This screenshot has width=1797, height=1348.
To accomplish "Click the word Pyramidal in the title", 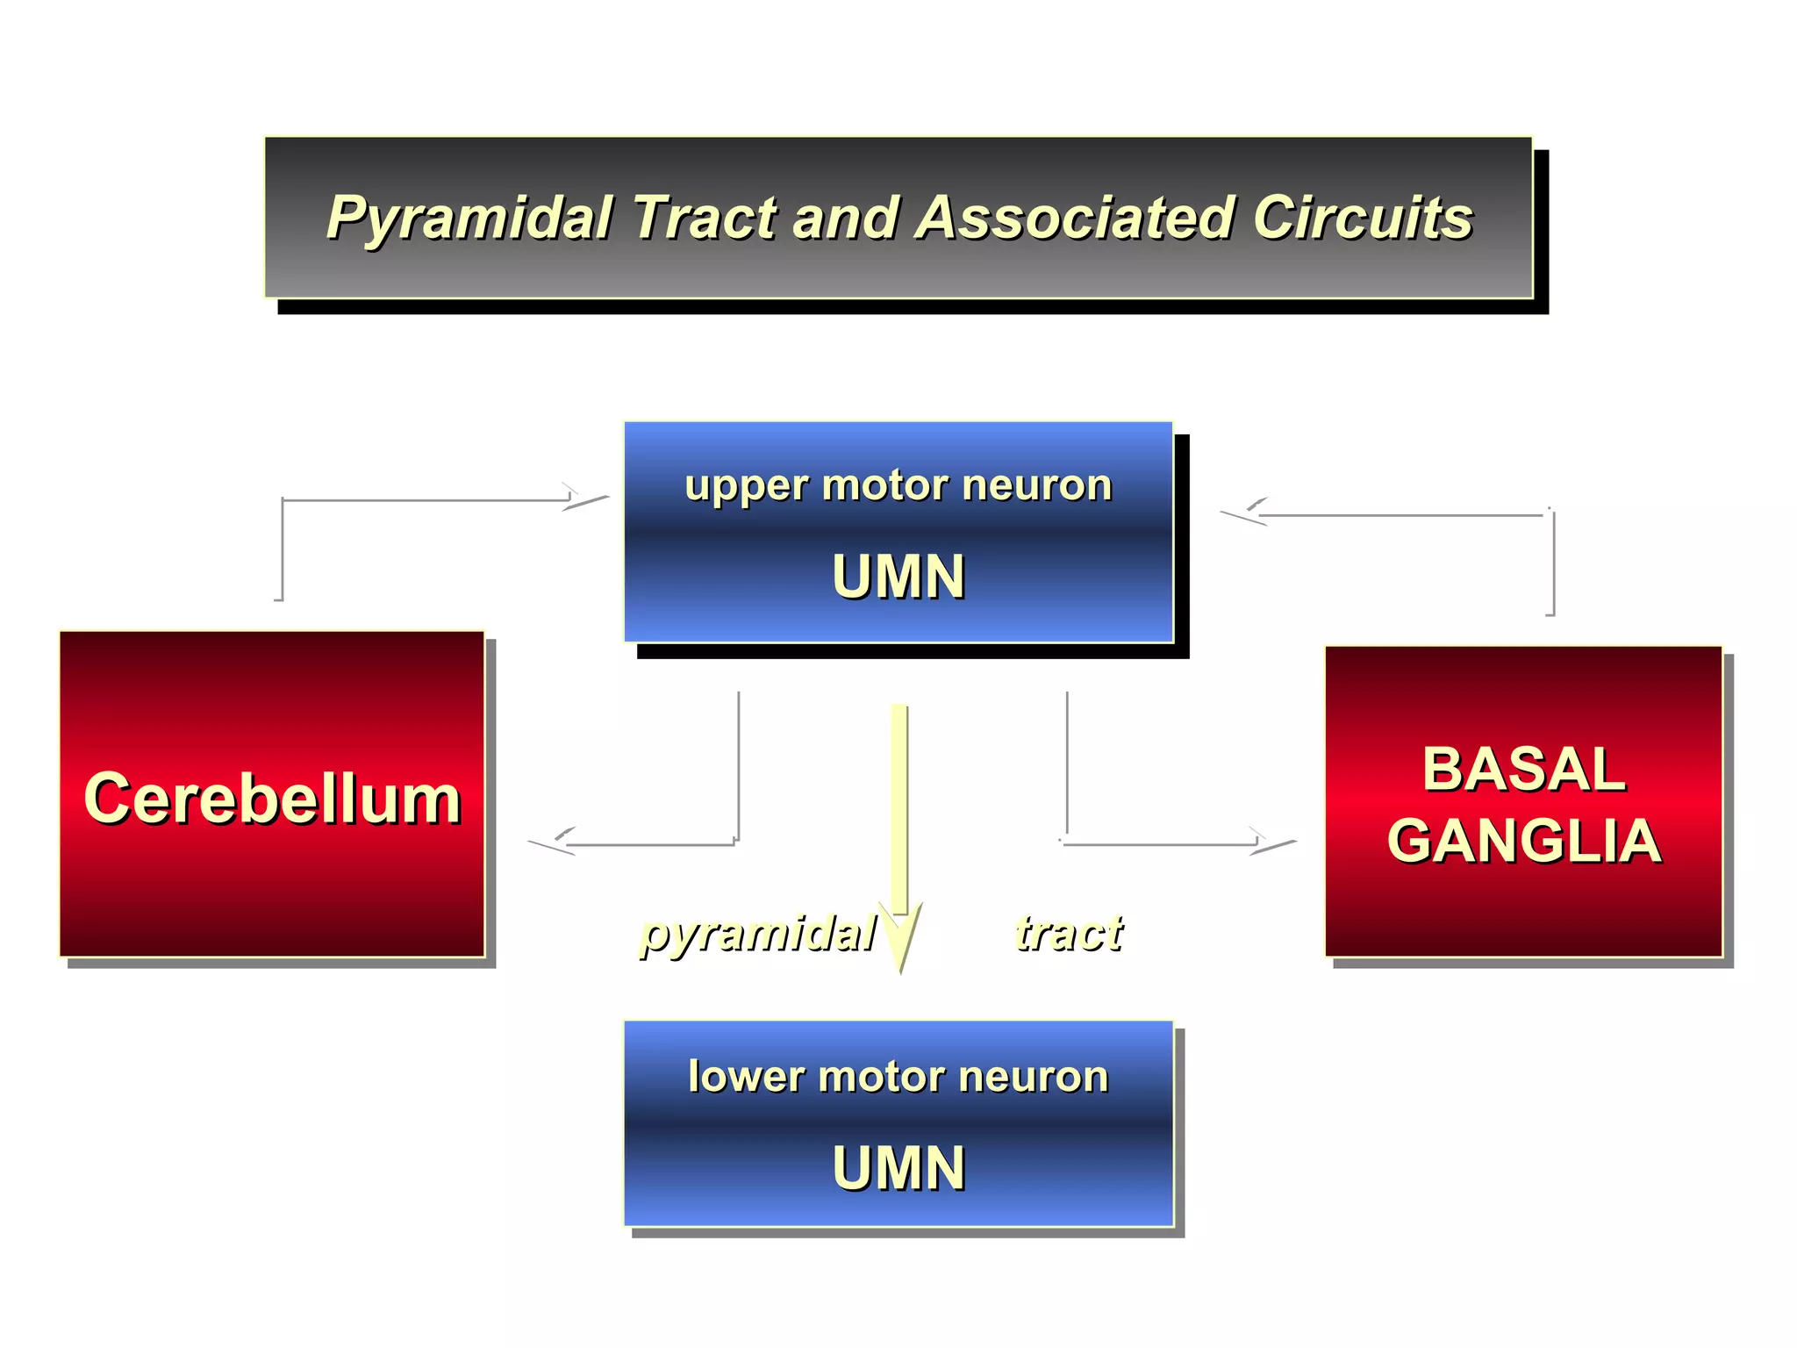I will click(469, 219).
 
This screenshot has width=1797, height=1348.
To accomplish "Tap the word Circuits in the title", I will click(1362, 217).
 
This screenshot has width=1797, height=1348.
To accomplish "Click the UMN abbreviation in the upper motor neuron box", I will click(898, 577).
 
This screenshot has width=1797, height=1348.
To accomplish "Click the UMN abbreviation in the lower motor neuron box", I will click(898, 1168).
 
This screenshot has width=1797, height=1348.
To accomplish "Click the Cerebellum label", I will click(272, 799).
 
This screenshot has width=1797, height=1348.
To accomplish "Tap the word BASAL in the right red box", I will click(1523, 769).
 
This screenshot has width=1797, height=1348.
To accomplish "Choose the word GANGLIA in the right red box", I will click(1523, 840).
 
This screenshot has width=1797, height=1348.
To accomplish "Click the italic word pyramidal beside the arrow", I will click(757, 932).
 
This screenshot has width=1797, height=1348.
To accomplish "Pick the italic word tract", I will click(1068, 932).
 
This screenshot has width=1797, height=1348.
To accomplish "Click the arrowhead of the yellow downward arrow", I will click(900, 939).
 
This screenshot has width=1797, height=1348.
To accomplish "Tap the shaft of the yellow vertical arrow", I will click(899, 807).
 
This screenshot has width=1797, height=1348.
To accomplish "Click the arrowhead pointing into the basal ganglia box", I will click(1272, 843).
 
